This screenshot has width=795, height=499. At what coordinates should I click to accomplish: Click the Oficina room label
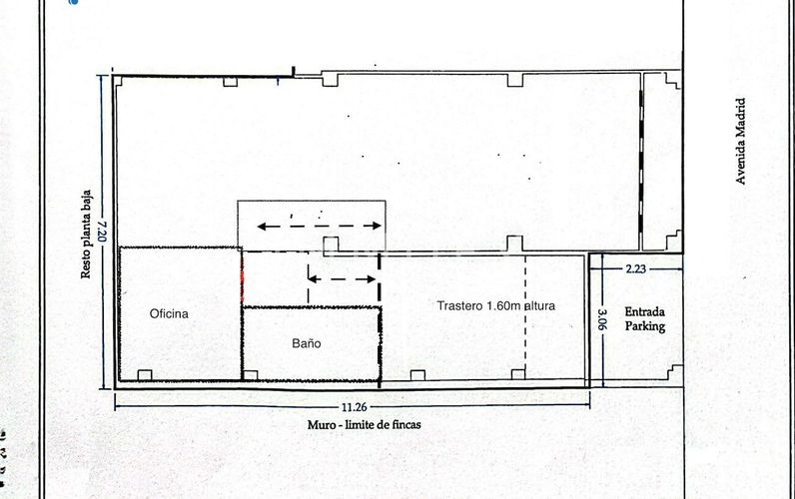169,313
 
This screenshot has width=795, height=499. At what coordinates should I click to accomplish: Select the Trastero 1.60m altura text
495,305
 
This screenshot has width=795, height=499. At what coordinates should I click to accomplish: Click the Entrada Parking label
644,318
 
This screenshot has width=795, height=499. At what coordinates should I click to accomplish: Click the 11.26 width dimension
350,406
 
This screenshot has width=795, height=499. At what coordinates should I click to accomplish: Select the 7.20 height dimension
101,234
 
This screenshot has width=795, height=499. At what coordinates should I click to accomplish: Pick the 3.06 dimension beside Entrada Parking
602,317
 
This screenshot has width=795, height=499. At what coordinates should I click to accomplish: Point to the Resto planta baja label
87,234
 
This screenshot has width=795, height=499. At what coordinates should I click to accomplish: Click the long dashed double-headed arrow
313,226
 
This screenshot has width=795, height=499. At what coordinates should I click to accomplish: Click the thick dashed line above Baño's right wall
380,279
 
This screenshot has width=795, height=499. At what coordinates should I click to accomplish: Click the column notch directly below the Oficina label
145,375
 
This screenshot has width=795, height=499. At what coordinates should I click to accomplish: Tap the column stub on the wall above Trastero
513,243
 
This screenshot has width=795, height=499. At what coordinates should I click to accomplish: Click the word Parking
644,326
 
